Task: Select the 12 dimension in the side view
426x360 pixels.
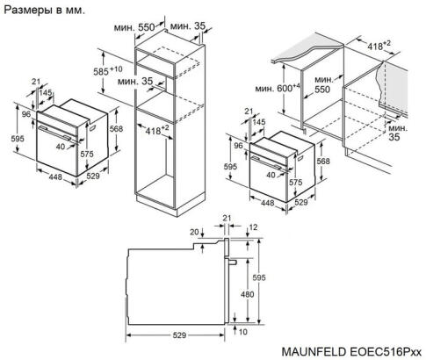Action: click(253, 227)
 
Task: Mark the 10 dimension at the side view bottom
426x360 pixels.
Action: click(242, 333)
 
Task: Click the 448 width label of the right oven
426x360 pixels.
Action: click(268, 202)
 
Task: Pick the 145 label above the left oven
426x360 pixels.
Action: click(44, 94)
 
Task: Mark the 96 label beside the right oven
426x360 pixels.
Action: click(239, 145)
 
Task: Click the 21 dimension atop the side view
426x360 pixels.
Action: click(226, 218)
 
